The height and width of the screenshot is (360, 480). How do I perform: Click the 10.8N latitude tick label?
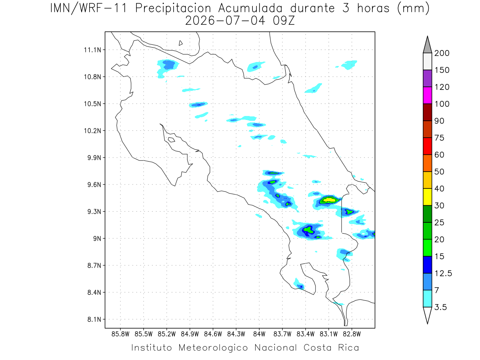92,77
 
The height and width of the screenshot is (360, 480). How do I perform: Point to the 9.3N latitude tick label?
94,212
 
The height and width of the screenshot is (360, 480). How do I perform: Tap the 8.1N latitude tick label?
94,319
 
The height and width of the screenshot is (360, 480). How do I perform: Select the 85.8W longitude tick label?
120,334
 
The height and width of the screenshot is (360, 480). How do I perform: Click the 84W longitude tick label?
259,334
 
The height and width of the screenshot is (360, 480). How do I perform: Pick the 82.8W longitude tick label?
352,334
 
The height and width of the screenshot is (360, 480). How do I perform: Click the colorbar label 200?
442,53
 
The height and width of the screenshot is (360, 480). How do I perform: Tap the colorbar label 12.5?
443,273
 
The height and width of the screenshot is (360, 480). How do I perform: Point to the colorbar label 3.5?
440,307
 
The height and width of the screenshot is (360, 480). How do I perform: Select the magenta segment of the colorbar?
427,95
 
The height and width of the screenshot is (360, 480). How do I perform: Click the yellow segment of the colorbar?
427,197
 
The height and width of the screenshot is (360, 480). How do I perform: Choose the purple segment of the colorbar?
427,78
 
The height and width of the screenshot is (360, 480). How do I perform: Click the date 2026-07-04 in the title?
225,21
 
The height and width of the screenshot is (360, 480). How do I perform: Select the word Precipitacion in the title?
173,8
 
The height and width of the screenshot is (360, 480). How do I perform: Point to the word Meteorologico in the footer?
213,348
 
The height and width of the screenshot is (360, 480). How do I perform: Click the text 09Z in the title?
284,21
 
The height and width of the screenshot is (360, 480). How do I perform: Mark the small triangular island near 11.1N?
180,43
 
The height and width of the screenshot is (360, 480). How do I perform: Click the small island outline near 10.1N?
172,140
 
